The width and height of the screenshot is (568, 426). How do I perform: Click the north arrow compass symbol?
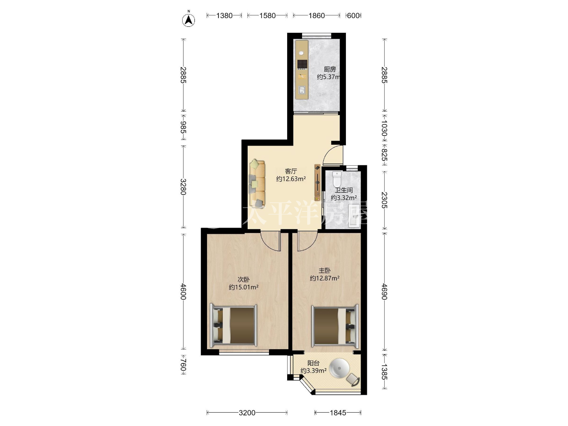tap(189, 20)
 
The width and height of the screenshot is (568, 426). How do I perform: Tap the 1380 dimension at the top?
tap(224, 16)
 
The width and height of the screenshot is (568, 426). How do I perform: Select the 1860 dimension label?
tap(316, 16)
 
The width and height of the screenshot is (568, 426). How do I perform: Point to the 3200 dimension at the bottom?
tap(247, 413)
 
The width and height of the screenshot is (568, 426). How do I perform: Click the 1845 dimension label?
tap(338, 413)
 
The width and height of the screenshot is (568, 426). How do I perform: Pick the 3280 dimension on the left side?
tap(183, 187)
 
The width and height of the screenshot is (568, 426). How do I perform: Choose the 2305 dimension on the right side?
tap(384, 200)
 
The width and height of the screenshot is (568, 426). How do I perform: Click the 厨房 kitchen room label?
tap(330, 69)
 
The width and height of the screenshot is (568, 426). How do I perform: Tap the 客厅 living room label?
tap(291, 171)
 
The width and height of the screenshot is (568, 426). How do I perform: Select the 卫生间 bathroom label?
tap(344, 190)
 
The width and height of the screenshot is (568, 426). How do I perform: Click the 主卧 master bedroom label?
tap(325, 271)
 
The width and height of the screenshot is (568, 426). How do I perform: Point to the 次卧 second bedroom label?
tap(243, 279)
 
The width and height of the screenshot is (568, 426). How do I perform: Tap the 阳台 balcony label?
tap(313, 363)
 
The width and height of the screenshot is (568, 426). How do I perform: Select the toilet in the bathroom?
tap(337, 179)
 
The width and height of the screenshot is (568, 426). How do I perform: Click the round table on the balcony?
tap(341, 368)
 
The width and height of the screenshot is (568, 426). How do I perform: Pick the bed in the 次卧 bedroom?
tap(234, 325)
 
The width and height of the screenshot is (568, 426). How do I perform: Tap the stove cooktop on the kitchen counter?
tap(302, 65)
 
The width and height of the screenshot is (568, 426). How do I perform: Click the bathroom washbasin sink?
tap(354, 216)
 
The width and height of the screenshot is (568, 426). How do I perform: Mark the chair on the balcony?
tap(353, 379)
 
